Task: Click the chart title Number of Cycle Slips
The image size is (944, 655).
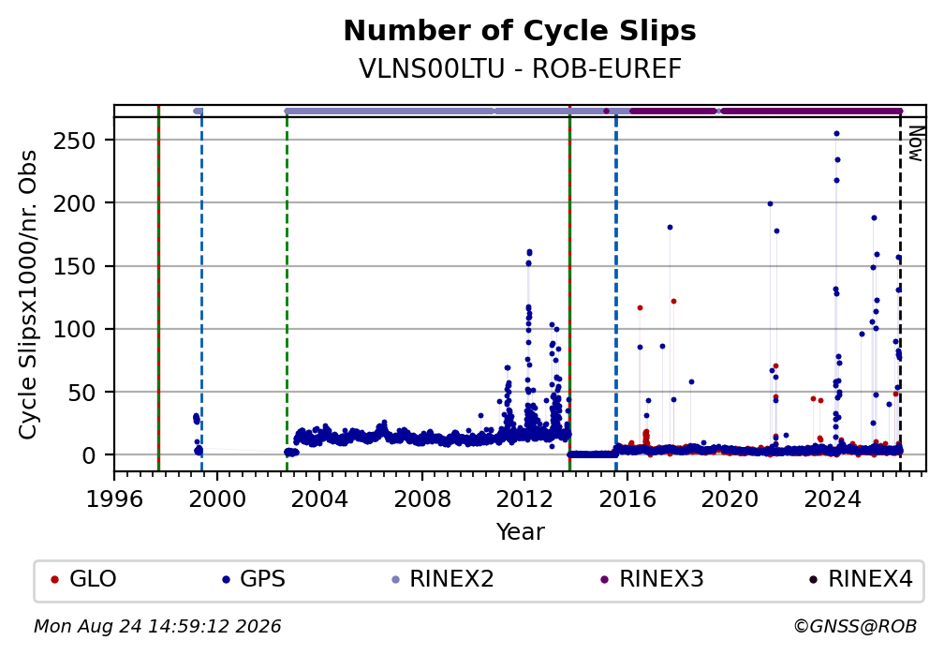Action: [520, 31]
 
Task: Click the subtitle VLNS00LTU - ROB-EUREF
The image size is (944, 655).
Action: [520, 68]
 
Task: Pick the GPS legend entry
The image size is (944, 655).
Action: [254, 578]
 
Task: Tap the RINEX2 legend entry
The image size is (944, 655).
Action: [442, 578]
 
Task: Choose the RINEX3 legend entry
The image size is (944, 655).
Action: [652, 578]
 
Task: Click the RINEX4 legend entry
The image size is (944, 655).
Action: [861, 578]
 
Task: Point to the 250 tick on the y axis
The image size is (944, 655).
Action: [75, 141]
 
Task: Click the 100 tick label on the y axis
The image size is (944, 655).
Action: [75, 329]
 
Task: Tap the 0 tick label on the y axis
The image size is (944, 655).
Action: [89, 455]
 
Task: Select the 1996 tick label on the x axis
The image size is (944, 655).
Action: [114, 499]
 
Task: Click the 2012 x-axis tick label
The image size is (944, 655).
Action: [524, 499]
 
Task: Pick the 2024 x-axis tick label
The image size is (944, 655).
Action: [832, 499]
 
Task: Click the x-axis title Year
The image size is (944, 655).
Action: [520, 531]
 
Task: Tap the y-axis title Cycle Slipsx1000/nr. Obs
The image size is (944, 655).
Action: [28, 294]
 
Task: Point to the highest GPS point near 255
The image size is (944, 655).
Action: [836, 134]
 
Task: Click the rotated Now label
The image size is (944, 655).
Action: [915, 143]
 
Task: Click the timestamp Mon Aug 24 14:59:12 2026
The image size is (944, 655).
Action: [157, 626]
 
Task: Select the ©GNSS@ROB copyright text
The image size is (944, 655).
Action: [855, 626]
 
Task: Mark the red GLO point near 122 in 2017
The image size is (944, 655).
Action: [673, 302]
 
